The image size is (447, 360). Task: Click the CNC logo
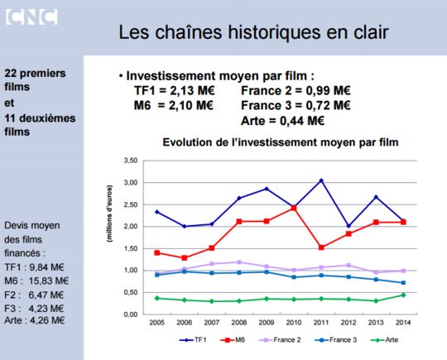pos(31,17)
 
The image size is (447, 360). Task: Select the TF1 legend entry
pos(193,340)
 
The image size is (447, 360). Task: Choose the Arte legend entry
pos(384,340)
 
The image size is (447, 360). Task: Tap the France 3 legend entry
pos(335,340)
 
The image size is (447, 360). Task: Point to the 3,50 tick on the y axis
pos(131,161)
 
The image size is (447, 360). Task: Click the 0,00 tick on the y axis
pos(131,314)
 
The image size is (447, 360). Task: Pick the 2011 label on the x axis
pos(321,323)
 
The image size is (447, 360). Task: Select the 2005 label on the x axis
pos(156,323)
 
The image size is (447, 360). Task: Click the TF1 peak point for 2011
pos(321,180)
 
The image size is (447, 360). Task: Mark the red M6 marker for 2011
pos(321,247)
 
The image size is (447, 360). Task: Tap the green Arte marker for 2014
pos(403,295)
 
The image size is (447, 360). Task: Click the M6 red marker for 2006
pos(185,257)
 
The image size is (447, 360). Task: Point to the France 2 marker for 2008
pos(239,262)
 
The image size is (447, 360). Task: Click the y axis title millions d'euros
pos(109,214)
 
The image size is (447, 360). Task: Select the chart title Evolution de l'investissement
pos(281,142)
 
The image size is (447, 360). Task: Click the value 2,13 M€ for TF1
pos(192,91)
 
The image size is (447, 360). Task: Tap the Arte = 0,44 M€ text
pos(283,121)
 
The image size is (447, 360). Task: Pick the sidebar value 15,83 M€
pos(49,281)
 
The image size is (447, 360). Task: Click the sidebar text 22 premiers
pos(35,74)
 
